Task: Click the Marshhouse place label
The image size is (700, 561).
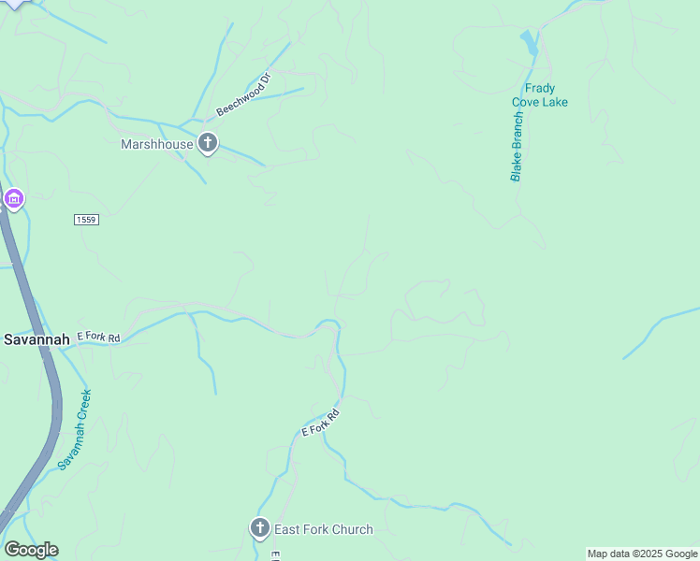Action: point(157,144)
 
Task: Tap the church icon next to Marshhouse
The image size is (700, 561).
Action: point(208,144)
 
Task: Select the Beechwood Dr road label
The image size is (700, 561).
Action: point(242,94)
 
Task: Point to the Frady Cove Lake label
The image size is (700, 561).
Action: point(539,95)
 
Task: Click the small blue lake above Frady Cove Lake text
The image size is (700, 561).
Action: point(530,42)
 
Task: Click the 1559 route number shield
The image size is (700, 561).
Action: point(86,219)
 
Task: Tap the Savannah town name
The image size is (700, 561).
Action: point(36,339)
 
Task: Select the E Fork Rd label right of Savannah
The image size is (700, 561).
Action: point(98,337)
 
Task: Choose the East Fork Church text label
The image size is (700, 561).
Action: point(323,529)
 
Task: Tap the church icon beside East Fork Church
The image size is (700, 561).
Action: point(260,529)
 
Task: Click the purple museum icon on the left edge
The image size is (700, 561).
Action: point(13,199)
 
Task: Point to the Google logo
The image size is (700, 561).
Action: point(31,550)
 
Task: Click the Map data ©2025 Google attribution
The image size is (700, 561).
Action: point(642,554)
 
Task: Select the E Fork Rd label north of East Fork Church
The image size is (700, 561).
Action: point(320,422)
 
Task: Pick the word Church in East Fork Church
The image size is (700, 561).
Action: point(352,529)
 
